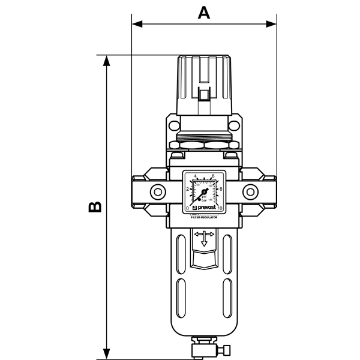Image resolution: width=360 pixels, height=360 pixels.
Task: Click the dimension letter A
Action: [x=205, y=12]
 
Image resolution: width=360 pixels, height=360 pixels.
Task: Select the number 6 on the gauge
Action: [x=214, y=176]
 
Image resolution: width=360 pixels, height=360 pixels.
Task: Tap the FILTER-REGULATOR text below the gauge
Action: [x=205, y=220]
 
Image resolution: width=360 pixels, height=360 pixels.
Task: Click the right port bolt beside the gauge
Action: [x=248, y=193]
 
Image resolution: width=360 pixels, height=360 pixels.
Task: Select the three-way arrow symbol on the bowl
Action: [x=205, y=238]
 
